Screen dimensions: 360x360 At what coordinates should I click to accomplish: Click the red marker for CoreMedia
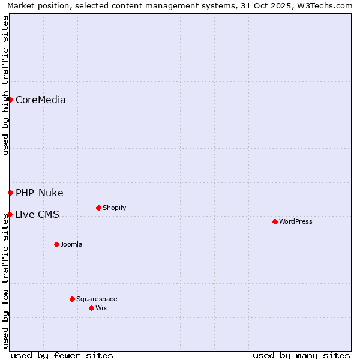click(10, 100)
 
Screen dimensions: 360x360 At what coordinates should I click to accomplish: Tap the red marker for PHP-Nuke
click(10, 193)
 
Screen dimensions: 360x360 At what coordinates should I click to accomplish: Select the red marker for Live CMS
click(10, 214)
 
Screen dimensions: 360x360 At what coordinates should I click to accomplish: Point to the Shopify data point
click(98, 208)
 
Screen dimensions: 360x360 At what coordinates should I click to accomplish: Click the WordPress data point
click(275, 221)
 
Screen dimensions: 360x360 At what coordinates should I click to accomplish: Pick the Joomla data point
click(56, 244)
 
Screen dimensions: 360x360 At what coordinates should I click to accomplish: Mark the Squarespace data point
click(72, 299)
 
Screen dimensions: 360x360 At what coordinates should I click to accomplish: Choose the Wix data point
click(91, 308)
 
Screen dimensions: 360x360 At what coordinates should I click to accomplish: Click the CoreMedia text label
click(40, 100)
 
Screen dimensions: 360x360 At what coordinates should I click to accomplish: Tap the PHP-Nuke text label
click(39, 193)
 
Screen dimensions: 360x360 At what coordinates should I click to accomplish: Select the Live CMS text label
click(37, 215)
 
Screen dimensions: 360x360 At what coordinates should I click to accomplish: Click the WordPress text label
click(296, 222)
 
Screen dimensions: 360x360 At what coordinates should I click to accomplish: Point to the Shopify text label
click(114, 208)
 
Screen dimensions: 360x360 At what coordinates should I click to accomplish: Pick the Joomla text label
click(71, 245)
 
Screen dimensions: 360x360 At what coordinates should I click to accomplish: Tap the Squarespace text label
click(97, 299)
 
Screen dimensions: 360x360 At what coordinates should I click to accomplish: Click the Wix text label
click(101, 308)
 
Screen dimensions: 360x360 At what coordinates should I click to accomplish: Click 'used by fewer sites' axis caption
click(62, 355)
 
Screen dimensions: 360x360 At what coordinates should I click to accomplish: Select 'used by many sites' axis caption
click(301, 355)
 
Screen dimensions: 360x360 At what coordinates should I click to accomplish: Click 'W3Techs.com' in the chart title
click(326, 5)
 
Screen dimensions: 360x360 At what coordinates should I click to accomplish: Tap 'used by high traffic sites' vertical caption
click(5, 86)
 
